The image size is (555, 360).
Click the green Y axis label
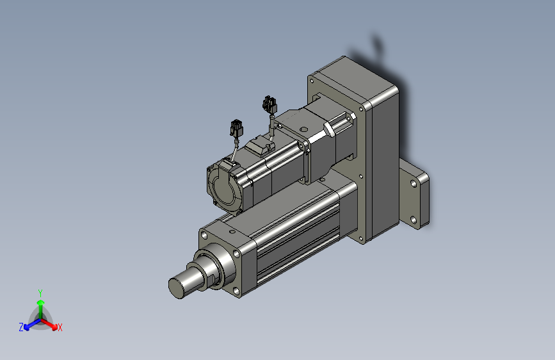point(40,293)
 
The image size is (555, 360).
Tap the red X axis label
point(60,327)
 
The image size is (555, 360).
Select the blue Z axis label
point(21,327)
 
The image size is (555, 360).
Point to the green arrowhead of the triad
point(41,302)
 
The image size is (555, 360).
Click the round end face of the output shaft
point(176,288)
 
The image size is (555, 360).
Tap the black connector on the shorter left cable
point(236,128)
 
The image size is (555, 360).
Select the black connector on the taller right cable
point(269,105)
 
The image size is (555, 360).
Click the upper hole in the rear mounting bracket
point(414,184)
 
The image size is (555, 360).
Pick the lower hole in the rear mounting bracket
point(414,220)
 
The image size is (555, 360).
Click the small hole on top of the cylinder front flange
point(232,232)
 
